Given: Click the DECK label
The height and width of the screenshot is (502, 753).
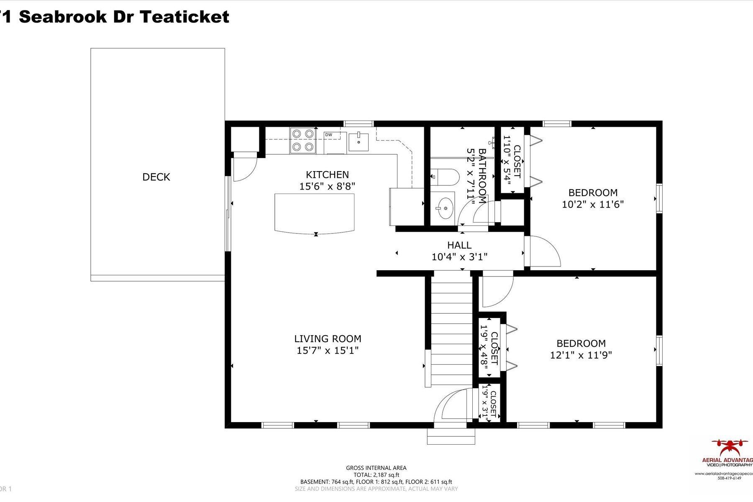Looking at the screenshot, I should (x=156, y=177).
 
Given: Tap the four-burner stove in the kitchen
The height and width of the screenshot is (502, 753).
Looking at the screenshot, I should (x=302, y=140).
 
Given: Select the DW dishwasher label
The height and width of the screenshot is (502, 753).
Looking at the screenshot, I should (x=329, y=135).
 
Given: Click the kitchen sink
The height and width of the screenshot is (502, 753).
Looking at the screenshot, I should (x=359, y=141).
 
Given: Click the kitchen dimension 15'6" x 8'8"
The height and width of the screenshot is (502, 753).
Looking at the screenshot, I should (x=327, y=186).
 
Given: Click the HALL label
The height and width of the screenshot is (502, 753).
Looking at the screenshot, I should (x=459, y=245).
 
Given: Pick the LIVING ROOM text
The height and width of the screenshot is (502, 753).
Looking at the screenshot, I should (x=328, y=339).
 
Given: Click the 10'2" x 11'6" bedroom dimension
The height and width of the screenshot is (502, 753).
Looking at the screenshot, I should (x=593, y=205).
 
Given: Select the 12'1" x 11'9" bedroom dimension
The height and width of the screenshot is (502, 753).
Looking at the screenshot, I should (x=581, y=355).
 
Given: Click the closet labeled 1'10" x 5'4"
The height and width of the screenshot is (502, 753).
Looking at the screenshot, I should (x=512, y=161).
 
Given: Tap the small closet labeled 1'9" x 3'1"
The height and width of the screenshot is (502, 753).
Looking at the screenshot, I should (x=489, y=404).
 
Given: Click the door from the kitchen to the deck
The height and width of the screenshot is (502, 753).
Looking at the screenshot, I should (x=245, y=166).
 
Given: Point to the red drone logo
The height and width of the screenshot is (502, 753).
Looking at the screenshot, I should (x=732, y=448).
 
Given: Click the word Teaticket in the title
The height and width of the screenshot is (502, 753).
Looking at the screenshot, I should (x=184, y=17).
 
